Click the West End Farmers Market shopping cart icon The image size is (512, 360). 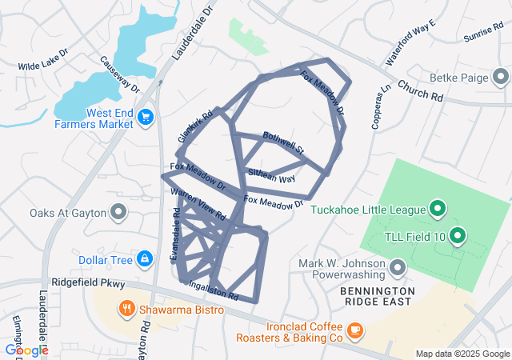145,118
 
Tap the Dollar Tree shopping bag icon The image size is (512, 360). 145,259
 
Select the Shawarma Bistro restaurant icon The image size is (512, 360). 126,308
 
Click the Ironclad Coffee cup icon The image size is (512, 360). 355,330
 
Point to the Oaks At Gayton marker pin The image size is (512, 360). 118,212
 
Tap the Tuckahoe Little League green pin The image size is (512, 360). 438,210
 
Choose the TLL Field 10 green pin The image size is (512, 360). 458,235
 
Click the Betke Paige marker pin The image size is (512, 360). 502,78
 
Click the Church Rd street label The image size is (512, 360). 419,90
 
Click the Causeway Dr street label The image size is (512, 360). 120,74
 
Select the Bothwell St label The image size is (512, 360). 284,143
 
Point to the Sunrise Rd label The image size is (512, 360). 482,34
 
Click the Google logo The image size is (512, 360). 26,350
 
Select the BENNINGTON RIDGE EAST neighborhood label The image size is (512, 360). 378,296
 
